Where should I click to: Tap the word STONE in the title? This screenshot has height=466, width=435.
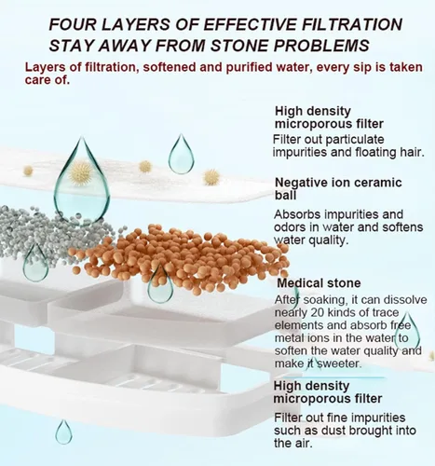click(238, 46)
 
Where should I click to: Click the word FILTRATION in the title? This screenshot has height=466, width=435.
click(351, 24)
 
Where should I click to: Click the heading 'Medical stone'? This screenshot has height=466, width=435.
click(319, 283)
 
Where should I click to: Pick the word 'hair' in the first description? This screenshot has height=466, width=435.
click(411, 152)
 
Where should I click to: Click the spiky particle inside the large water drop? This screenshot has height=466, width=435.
click(81, 173)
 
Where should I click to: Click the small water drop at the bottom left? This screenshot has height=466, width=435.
click(63, 432)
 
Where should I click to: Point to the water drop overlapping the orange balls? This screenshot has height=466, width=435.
click(160, 284)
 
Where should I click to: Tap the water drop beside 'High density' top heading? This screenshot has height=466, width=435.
click(182, 155)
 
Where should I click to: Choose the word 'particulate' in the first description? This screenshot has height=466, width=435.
click(355, 140)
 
